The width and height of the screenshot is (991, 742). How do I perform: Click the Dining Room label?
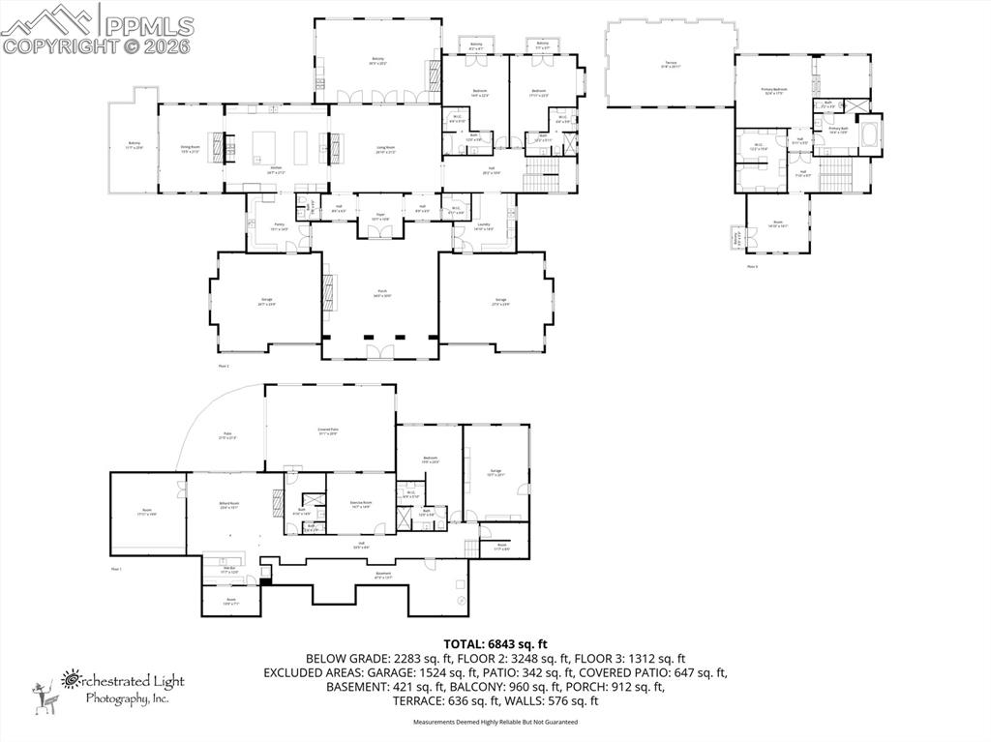tap(190, 148)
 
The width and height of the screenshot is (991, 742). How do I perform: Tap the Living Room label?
tap(386, 148)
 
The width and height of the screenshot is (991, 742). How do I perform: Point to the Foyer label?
tap(380, 217)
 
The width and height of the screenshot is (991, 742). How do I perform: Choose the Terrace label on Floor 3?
tap(671, 64)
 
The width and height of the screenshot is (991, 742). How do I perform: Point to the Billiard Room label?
tap(229, 505)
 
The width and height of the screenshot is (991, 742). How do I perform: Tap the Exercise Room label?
tap(360, 504)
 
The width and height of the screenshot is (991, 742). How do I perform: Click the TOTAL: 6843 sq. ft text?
tap(495, 643)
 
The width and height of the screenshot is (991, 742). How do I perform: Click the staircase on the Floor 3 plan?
tap(834, 175)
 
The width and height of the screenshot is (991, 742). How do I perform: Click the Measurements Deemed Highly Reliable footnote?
tap(495, 722)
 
